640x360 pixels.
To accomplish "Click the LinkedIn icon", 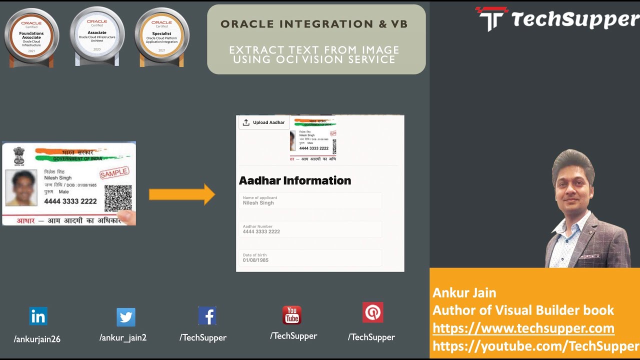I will point(38,316).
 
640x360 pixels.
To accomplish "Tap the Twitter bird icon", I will point(125,317).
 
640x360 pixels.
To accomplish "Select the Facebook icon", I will point(207,316).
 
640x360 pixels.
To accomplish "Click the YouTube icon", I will point(291,315).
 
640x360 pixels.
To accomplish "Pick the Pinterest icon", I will point(372,312).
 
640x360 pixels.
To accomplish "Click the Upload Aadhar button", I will point(264,122).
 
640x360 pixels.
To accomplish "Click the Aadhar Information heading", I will point(295,180).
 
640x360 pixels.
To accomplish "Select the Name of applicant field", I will point(310,200).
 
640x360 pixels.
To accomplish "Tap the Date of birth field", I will point(310,258).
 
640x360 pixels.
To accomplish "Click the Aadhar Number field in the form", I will point(310,229).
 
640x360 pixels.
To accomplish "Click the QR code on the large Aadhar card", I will point(118,198).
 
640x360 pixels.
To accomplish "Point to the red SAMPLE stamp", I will point(114,173).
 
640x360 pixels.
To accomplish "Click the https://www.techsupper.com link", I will point(523,328).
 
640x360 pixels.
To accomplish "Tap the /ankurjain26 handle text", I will point(37,339).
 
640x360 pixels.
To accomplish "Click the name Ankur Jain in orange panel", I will point(464,292).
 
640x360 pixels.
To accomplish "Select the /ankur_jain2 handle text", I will point(123,337).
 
